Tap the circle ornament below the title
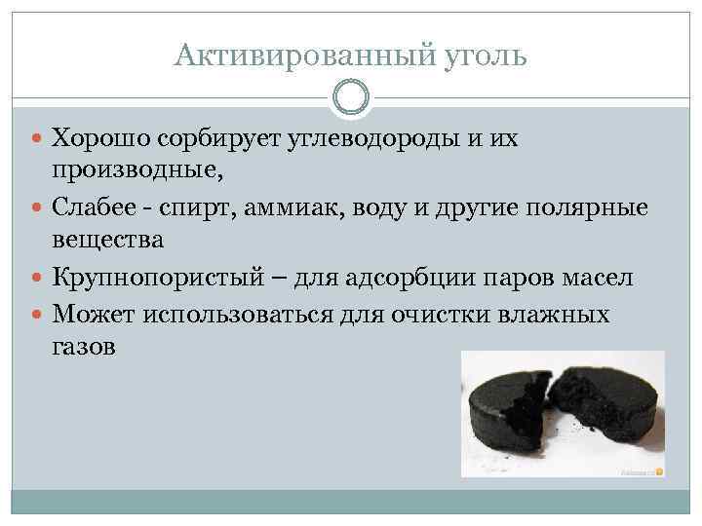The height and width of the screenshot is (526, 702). point(351,98)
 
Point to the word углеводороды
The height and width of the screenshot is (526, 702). point(370,139)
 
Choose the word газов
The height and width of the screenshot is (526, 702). point(82,347)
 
